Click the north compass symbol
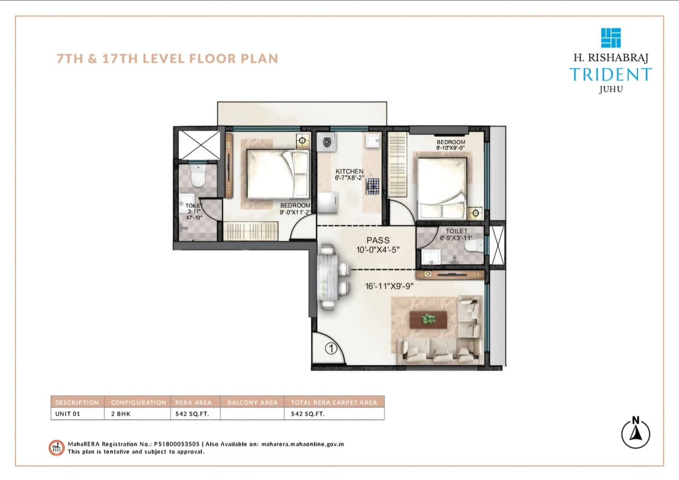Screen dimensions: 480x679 (x=636, y=433)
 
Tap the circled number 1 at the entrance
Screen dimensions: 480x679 (x=330, y=349)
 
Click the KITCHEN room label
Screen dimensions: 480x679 (x=349, y=172)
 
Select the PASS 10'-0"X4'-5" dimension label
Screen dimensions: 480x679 (x=378, y=245)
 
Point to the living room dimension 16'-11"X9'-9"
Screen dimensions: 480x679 (x=389, y=287)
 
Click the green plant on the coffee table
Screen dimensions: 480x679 (x=428, y=319)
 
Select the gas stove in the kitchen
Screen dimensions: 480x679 (x=372, y=186)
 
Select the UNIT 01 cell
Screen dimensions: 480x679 (x=67, y=414)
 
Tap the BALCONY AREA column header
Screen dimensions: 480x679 (x=252, y=402)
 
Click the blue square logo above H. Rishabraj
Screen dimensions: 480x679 (x=611, y=38)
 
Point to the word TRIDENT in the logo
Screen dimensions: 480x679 (x=611, y=74)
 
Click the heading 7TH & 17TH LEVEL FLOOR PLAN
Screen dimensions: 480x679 (x=168, y=58)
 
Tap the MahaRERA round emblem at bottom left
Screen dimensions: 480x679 (x=56, y=447)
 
